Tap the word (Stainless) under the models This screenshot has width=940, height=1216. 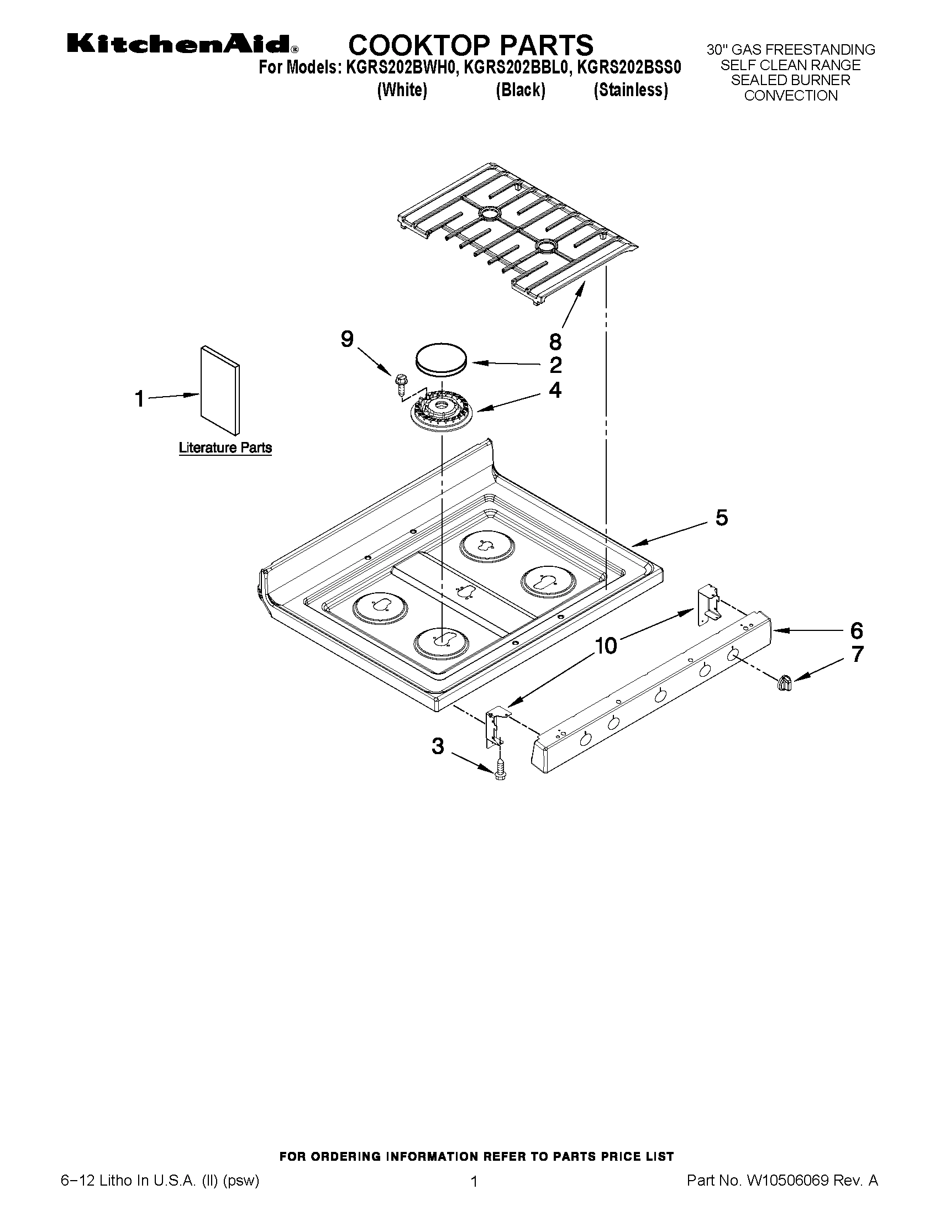[631, 90]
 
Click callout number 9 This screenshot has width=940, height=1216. [347, 339]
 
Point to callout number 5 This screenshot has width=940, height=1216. [721, 518]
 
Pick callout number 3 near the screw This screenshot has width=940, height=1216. [438, 746]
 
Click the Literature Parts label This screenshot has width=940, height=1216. [225, 448]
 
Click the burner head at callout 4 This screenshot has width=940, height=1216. [442, 412]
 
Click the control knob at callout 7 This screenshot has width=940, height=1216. [784, 682]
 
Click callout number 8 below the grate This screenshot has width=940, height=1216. [555, 341]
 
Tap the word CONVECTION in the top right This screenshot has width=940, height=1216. [790, 96]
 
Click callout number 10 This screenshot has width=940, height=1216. [606, 646]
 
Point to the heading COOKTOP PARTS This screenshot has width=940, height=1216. [471, 44]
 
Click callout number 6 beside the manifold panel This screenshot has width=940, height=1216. [856, 631]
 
